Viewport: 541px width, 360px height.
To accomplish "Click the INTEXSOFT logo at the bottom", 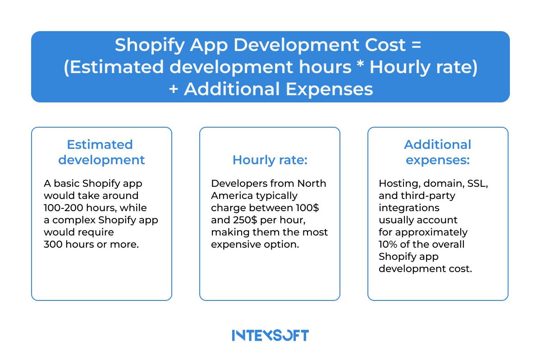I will click(270, 335).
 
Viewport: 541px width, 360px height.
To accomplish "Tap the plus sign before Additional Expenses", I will click(173, 89).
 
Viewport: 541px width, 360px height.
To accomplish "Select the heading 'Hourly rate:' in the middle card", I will click(270, 160).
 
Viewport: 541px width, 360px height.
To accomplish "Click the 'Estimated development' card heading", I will click(101, 152).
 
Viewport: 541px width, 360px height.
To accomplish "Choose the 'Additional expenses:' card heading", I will click(437, 152).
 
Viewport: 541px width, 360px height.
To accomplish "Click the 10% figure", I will click(388, 244).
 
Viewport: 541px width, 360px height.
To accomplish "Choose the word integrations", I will click(409, 208).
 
